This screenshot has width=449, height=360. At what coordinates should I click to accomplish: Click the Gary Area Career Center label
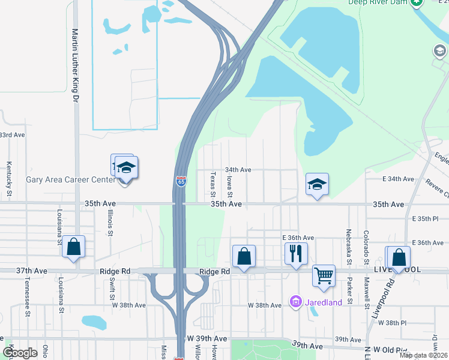tap(71, 179)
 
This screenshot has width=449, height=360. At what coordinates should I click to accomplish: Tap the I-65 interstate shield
tap(181, 181)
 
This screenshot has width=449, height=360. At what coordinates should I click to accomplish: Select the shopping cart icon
tap(324, 275)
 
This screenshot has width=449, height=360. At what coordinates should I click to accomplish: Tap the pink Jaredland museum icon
tap(295, 301)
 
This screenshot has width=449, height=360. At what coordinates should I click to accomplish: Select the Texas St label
tap(213, 184)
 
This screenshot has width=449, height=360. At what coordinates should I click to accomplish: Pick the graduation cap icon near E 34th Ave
tap(317, 185)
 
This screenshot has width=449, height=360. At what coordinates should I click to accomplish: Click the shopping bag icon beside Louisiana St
tap(73, 246)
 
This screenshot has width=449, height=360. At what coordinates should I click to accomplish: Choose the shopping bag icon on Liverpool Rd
tap(399, 257)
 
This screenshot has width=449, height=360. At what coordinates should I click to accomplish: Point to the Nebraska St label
tap(349, 246)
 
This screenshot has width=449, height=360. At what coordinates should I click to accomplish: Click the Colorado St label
tap(366, 247)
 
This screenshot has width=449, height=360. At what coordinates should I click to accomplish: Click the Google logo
tap(19, 353)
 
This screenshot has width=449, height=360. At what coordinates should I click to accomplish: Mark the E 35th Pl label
tap(430, 220)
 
